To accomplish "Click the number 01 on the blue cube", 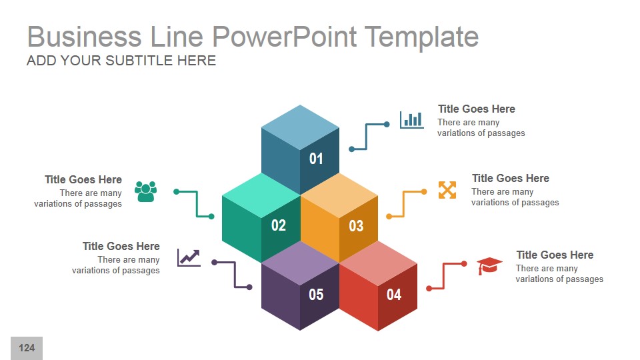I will [316, 159].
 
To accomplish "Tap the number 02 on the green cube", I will [278, 225].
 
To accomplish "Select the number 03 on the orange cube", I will [356, 226].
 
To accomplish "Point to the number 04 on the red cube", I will [394, 294].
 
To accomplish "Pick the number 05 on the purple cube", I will [316, 294].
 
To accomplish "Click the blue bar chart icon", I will [411, 119].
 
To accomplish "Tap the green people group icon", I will [145, 191].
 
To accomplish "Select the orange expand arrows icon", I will [447, 190].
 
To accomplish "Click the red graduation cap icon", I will [489, 266].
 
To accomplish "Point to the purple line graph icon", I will [189, 257].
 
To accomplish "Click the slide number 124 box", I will [27, 348].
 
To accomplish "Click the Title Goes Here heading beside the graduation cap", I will [554, 255].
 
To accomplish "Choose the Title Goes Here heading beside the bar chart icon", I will [476, 109].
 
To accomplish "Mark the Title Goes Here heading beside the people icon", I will [83, 179].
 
